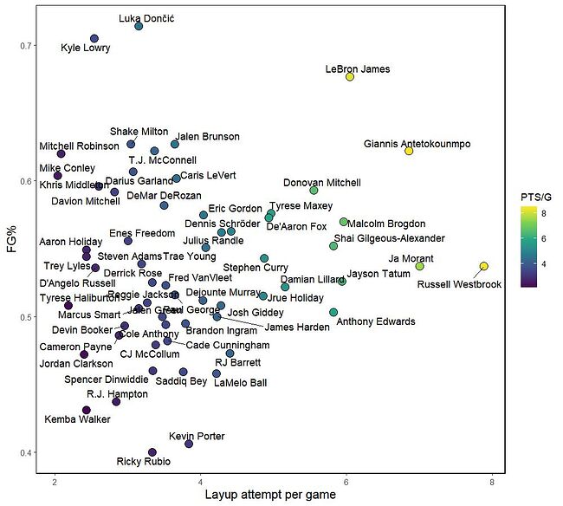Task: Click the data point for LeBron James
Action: pyautogui.click(x=350, y=77)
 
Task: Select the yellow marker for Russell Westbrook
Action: pyautogui.click(x=484, y=266)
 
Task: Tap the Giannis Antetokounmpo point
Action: pyautogui.click(x=409, y=151)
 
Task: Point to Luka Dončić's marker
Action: pyautogui.click(x=139, y=26)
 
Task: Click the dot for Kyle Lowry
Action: pyautogui.click(x=94, y=39)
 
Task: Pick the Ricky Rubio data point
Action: pyautogui.click(x=152, y=452)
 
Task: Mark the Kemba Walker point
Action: pyautogui.click(x=87, y=410)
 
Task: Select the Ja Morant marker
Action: pyautogui.click(x=420, y=266)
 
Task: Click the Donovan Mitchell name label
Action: pyautogui.click(x=322, y=183)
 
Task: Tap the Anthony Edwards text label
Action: pyautogui.click(x=376, y=322)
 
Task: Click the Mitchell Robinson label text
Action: pyautogui.click(x=79, y=146)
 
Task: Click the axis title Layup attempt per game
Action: pyautogui.click(x=273, y=496)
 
